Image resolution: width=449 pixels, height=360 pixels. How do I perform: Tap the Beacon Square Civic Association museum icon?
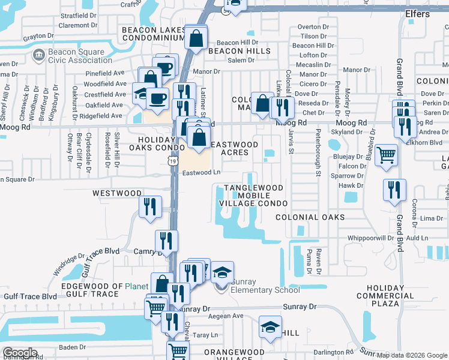click(39, 55)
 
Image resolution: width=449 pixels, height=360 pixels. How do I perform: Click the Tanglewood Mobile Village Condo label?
click(253, 196)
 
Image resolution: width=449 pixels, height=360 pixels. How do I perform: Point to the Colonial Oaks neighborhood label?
click(310, 217)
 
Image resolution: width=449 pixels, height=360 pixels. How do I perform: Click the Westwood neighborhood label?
click(116, 194)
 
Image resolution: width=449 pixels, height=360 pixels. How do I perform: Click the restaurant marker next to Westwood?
click(150, 206)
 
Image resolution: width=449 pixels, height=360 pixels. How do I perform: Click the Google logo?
click(20, 353)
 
